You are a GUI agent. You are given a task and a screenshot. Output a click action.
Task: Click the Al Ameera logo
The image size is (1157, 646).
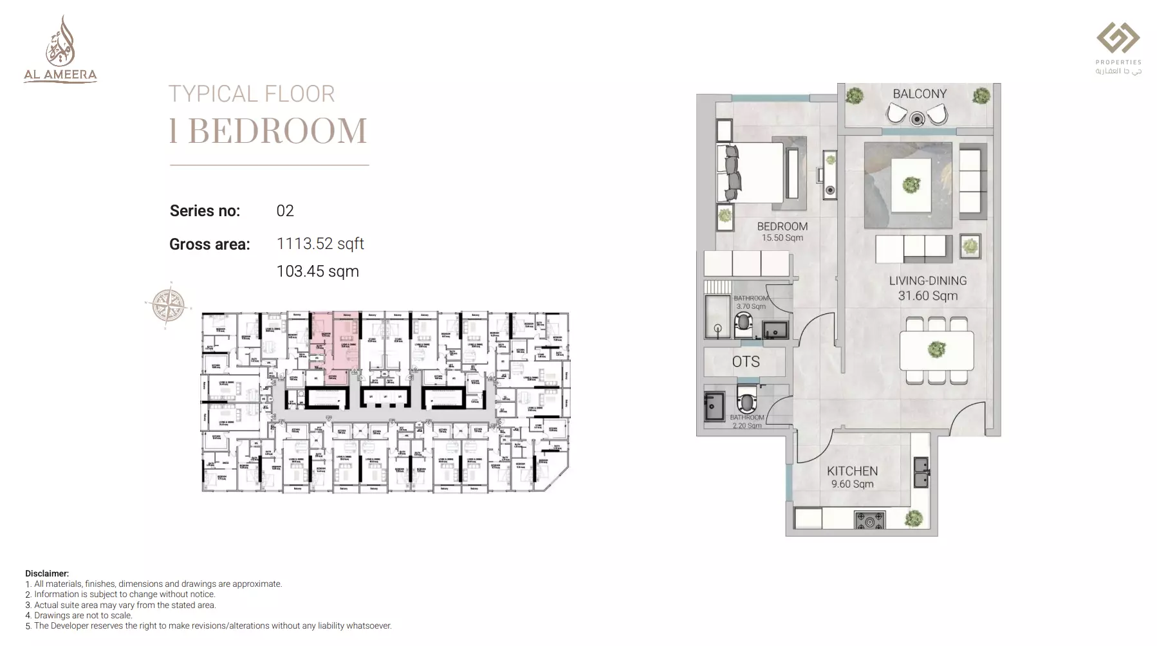click(60, 50)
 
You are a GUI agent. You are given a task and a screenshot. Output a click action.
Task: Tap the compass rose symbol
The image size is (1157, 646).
click(168, 304)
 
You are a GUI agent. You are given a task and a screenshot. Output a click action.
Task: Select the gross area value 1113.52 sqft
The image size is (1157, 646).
click(320, 244)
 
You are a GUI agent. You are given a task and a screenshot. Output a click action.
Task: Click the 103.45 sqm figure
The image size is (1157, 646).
click(317, 272)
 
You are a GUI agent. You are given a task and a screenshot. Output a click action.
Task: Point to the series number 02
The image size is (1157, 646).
click(284, 211)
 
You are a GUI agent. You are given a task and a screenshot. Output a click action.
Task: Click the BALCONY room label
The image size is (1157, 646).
click(919, 94)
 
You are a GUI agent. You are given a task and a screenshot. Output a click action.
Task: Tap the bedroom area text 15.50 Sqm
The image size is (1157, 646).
click(782, 238)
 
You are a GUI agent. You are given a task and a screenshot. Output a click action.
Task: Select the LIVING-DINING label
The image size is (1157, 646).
click(927, 281)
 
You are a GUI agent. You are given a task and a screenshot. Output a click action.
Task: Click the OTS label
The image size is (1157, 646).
click(745, 362)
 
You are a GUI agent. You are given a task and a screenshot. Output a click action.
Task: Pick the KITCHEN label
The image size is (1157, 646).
click(852, 471)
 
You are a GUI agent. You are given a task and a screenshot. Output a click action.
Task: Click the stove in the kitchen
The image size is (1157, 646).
click(869, 520)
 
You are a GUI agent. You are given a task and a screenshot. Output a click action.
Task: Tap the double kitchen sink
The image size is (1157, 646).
click(921, 472)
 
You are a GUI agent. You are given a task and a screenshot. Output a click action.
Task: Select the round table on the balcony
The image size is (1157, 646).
click(917, 118)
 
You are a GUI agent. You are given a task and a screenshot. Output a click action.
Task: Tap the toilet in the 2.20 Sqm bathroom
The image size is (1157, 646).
click(746, 400)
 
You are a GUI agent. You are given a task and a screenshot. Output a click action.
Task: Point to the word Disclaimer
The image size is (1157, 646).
click(47, 573)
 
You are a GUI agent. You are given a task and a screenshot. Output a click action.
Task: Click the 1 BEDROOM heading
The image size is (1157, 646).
click(268, 131)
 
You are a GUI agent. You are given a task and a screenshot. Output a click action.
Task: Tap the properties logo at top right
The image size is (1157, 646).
click(1118, 48)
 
